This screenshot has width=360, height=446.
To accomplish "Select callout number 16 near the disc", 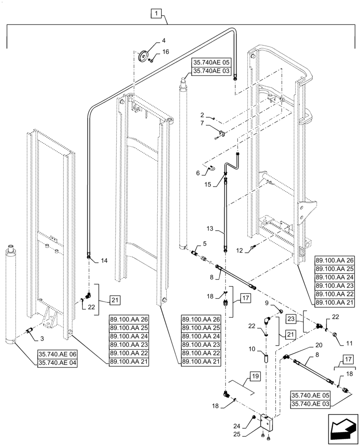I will coord(166,52).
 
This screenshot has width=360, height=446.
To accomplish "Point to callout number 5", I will coord(205,244).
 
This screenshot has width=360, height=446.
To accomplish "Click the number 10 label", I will coord(251,350).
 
